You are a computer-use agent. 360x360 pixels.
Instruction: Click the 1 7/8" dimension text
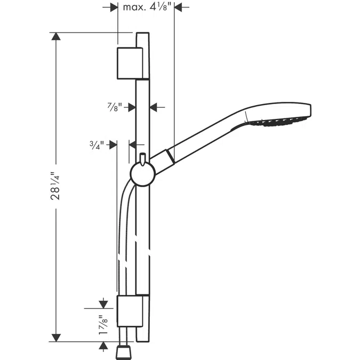tap(99, 325)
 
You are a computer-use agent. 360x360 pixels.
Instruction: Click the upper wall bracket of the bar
tap(130, 62)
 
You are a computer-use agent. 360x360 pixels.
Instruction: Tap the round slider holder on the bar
tap(142, 173)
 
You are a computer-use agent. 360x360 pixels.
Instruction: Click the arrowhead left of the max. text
tap(113, 7)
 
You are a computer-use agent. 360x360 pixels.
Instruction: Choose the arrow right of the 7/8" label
tap(155, 107)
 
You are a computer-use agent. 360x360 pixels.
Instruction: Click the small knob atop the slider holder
tap(142, 158)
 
